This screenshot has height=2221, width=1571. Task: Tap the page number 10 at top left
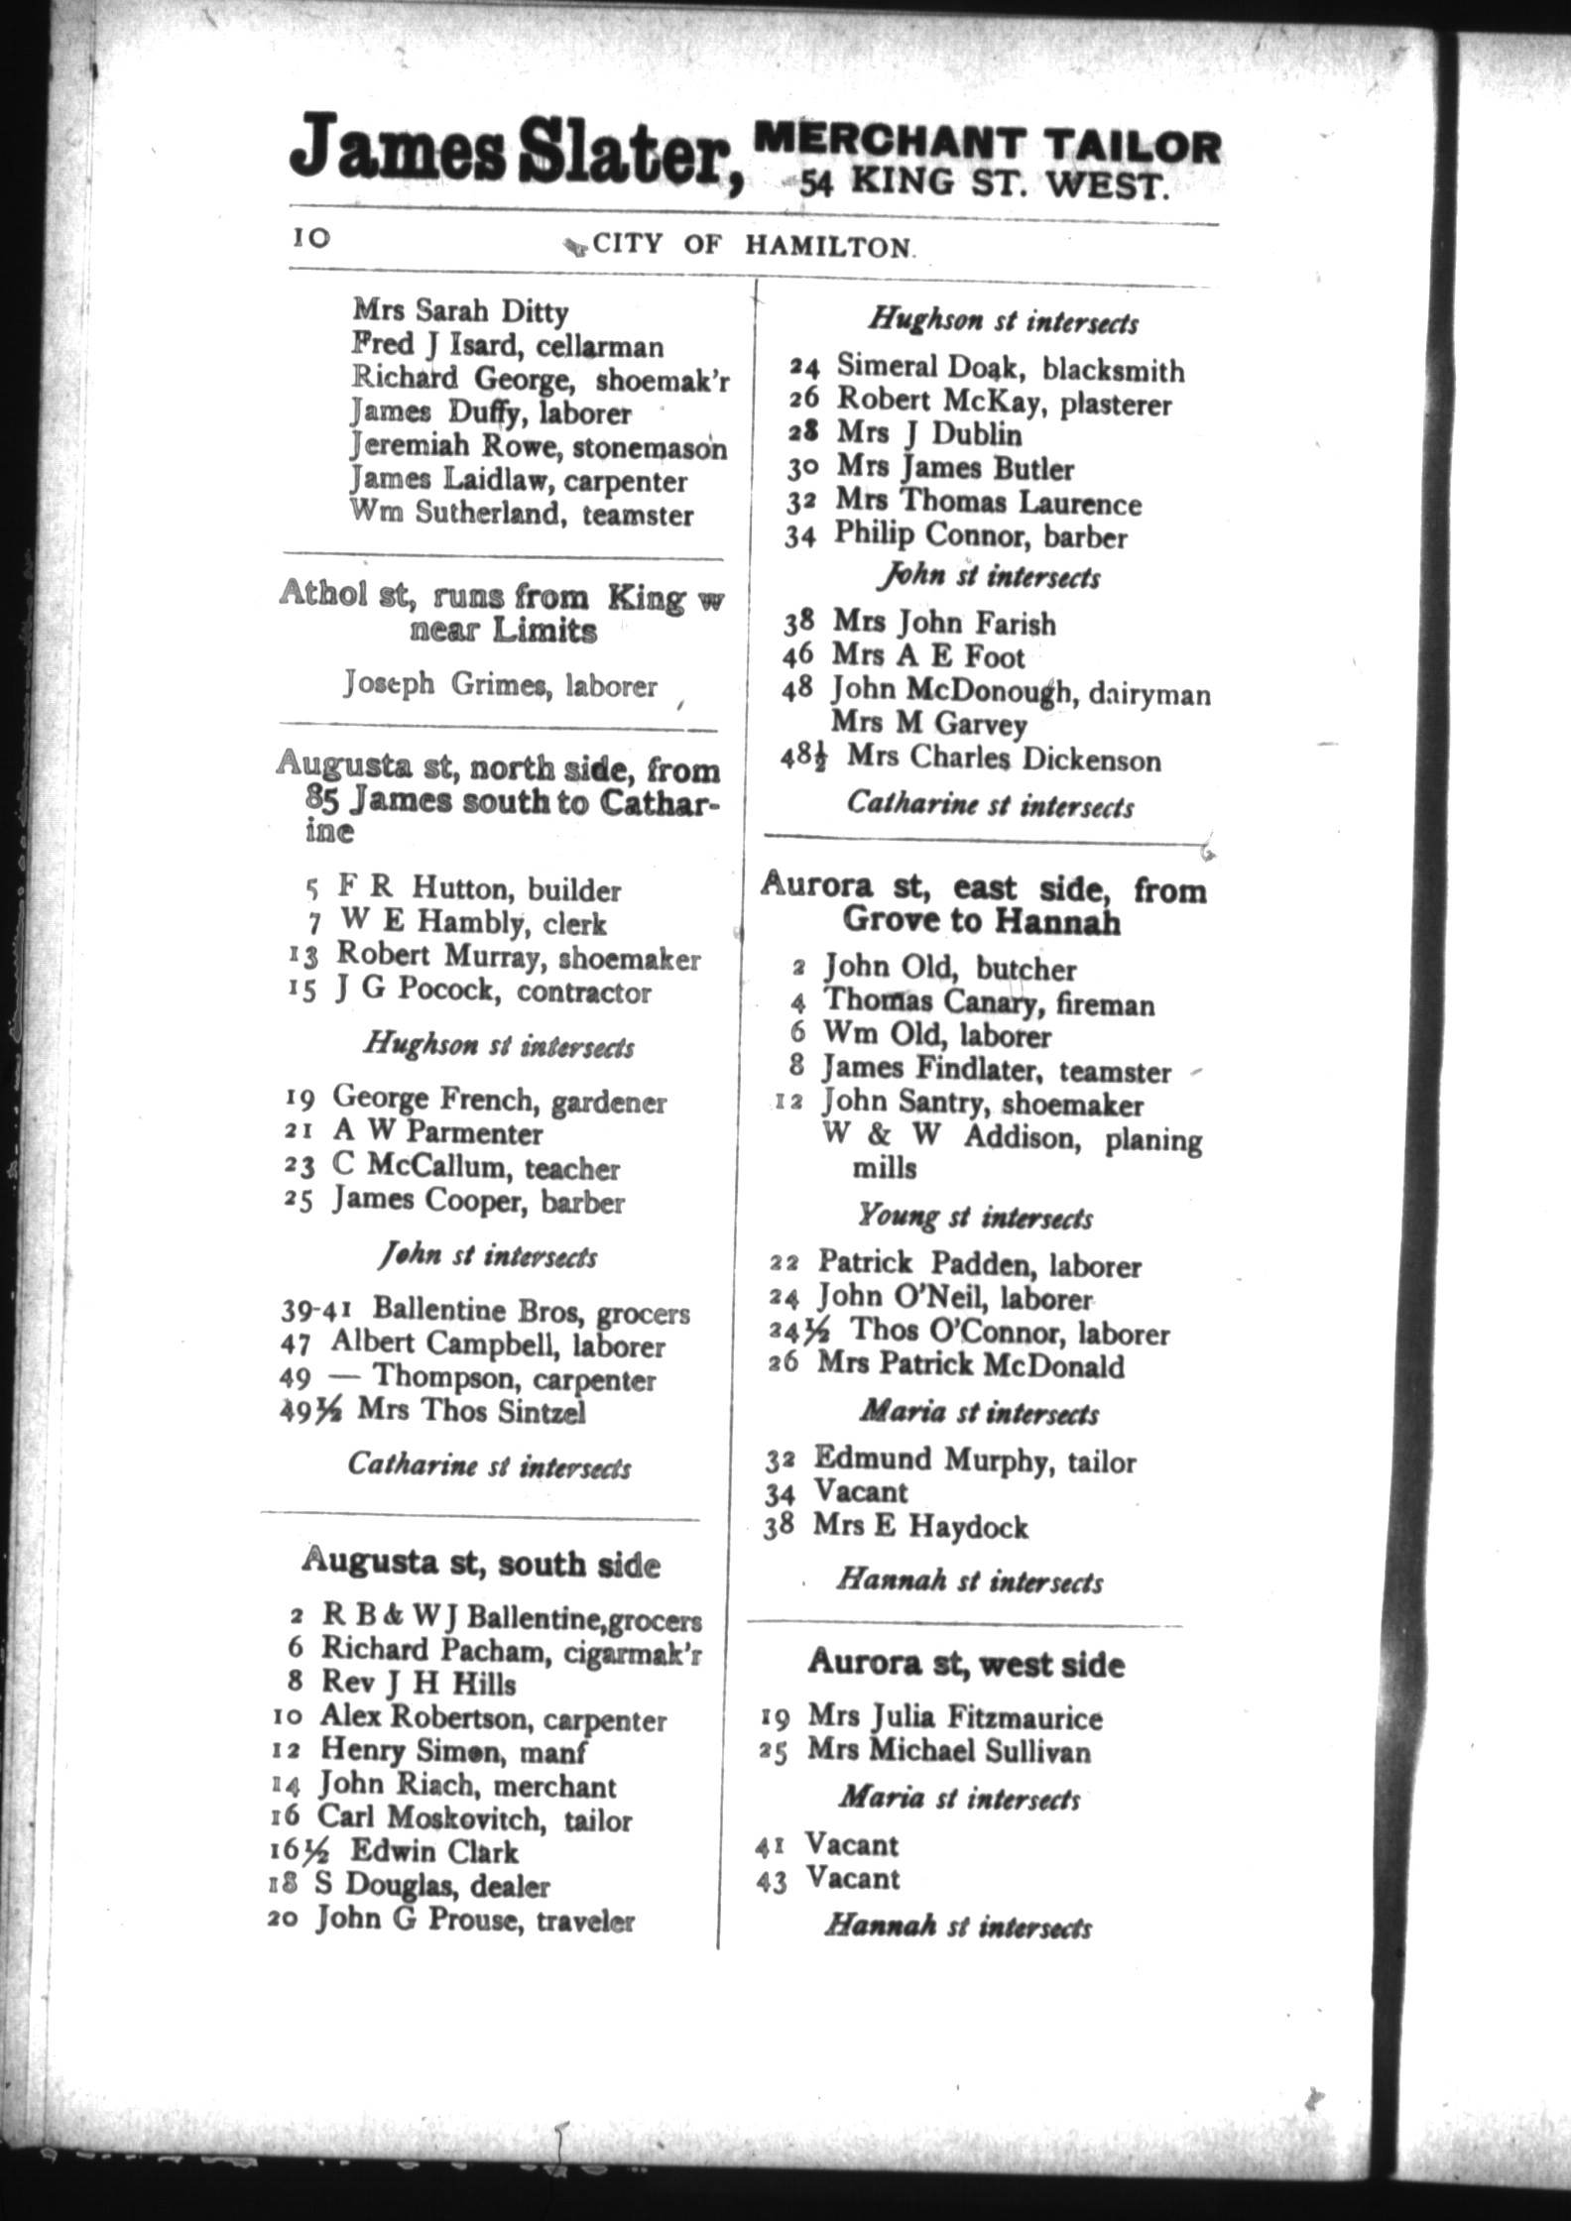310,239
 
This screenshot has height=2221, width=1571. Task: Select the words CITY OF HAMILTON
752,245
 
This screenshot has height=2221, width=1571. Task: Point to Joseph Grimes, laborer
500,684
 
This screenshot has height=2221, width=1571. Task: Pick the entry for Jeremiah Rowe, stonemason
539,446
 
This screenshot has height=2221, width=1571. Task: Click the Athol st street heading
501,613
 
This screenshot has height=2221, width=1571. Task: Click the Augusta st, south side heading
481,1564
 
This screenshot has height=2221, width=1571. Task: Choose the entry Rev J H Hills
418,1683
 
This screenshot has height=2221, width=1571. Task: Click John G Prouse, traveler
474,1920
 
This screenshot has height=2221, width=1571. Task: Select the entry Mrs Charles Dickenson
1003,760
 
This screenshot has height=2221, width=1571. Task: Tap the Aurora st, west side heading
966,1662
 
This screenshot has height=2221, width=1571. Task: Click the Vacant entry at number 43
852,1878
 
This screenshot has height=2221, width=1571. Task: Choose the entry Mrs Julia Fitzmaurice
954,1716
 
